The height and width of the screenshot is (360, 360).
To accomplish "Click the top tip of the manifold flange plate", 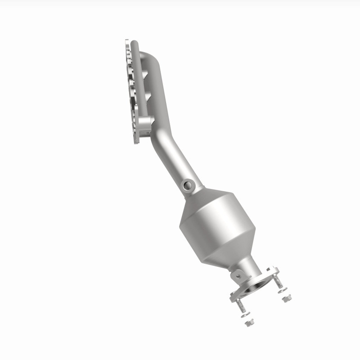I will click(x=126, y=40).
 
